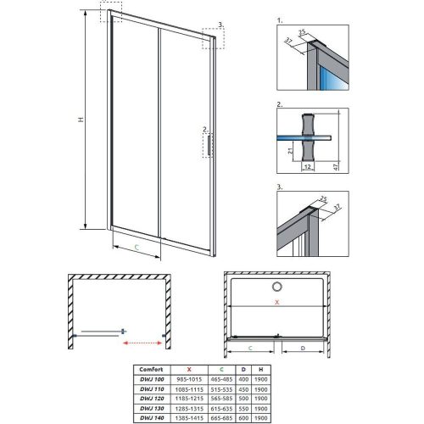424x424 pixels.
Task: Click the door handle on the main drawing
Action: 207,144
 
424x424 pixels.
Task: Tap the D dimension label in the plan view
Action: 304,348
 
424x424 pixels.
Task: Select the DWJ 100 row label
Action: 152,378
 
